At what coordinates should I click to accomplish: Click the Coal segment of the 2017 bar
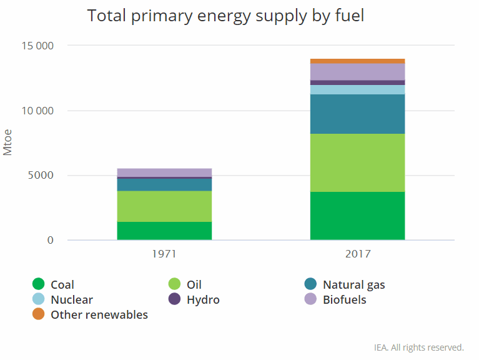pyautogui.click(x=357, y=216)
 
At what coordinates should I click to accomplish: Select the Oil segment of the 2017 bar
pyautogui.click(x=357, y=162)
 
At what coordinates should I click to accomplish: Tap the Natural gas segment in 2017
pyautogui.click(x=357, y=114)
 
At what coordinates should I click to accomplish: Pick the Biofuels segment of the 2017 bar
pyautogui.click(x=357, y=71)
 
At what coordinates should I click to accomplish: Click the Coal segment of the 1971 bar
pyautogui.click(x=164, y=231)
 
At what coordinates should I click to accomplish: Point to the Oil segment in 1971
pyautogui.click(x=164, y=206)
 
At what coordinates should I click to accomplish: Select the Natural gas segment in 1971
pyautogui.click(x=164, y=184)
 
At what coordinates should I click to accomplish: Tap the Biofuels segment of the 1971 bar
pyautogui.click(x=164, y=172)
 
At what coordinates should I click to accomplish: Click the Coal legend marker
pyautogui.click(x=39, y=285)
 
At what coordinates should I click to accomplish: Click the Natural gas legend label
pyautogui.click(x=353, y=285)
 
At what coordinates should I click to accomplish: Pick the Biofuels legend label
pyautogui.click(x=344, y=300)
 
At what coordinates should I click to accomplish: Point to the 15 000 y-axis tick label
pyautogui.click(x=37, y=46)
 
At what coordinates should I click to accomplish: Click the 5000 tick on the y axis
pyautogui.click(x=41, y=176)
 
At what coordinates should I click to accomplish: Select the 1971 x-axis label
pyautogui.click(x=164, y=254)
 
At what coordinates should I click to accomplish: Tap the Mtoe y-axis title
pyautogui.click(x=8, y=143)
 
